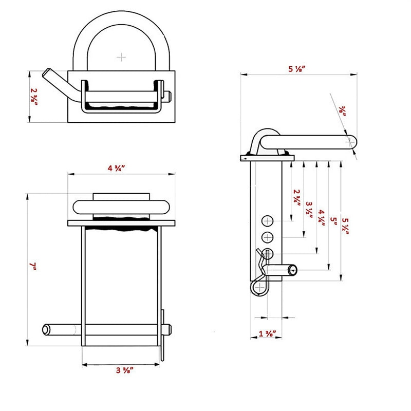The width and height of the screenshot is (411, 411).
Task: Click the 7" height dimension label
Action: [x=33, y=266]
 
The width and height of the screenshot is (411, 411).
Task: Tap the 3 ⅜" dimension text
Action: [x=122, y=370]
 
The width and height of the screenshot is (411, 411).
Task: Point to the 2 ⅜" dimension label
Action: [x=34, y=97]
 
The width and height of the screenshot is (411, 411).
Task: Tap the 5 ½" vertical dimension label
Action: [x=346, y=224]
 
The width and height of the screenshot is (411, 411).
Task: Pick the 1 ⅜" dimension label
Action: [x=268, y=334]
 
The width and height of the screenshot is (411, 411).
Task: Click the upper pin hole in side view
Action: [x=268, y=221]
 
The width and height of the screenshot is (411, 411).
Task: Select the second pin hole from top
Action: [x=268, y=237]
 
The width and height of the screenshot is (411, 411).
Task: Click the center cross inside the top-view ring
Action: [x=121, y=56]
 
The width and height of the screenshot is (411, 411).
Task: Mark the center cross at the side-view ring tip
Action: [x=350, y=139]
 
